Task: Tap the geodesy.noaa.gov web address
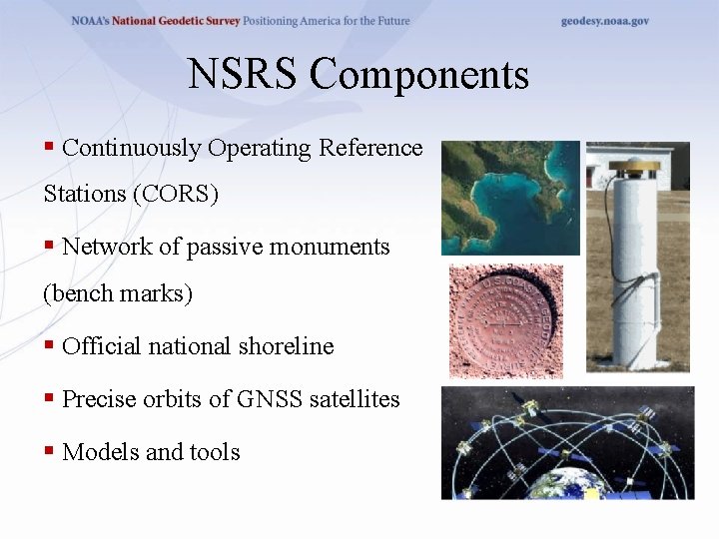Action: (604, 21)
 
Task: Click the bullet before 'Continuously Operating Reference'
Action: (48, 148)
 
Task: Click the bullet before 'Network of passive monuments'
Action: (48, 246)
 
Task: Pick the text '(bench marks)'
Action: (118, 293)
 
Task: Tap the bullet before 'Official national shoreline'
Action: (48, 346)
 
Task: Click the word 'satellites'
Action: (354, 399)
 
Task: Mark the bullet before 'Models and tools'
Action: (48, 451)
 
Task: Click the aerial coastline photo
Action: (510, 198)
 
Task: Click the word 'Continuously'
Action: (131, 148)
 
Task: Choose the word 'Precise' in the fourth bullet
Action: (98, 399)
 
